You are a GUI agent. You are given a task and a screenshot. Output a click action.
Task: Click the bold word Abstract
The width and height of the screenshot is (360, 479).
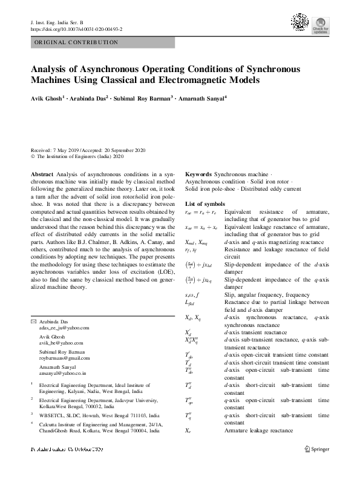[41, 173]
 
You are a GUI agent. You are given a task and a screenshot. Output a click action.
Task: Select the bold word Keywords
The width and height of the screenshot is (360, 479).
[199, 173]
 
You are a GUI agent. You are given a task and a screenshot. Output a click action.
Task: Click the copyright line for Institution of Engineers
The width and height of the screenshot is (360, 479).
[77, 156]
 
